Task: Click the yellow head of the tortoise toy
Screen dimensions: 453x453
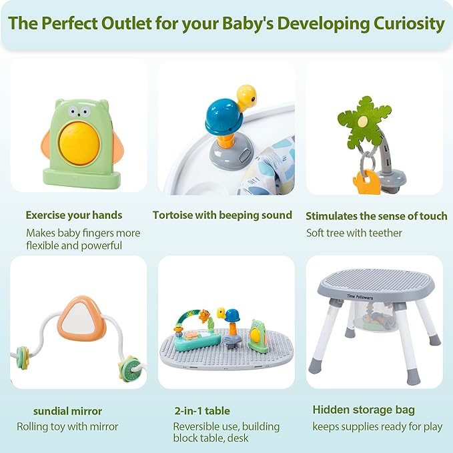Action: point(246,96)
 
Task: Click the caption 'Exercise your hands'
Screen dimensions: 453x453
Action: point(74,215)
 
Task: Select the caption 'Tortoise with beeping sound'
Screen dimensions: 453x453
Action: point(222,215)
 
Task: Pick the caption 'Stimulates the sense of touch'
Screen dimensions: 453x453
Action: point(376,215)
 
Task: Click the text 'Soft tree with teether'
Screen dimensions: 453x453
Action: point(354,233)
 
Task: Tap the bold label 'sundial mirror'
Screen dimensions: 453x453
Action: point(67,410)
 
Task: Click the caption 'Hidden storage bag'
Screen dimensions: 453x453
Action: point(364,410)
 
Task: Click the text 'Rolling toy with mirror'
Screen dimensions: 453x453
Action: point(67,426)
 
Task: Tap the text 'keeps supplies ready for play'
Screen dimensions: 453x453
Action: point(377,426)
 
